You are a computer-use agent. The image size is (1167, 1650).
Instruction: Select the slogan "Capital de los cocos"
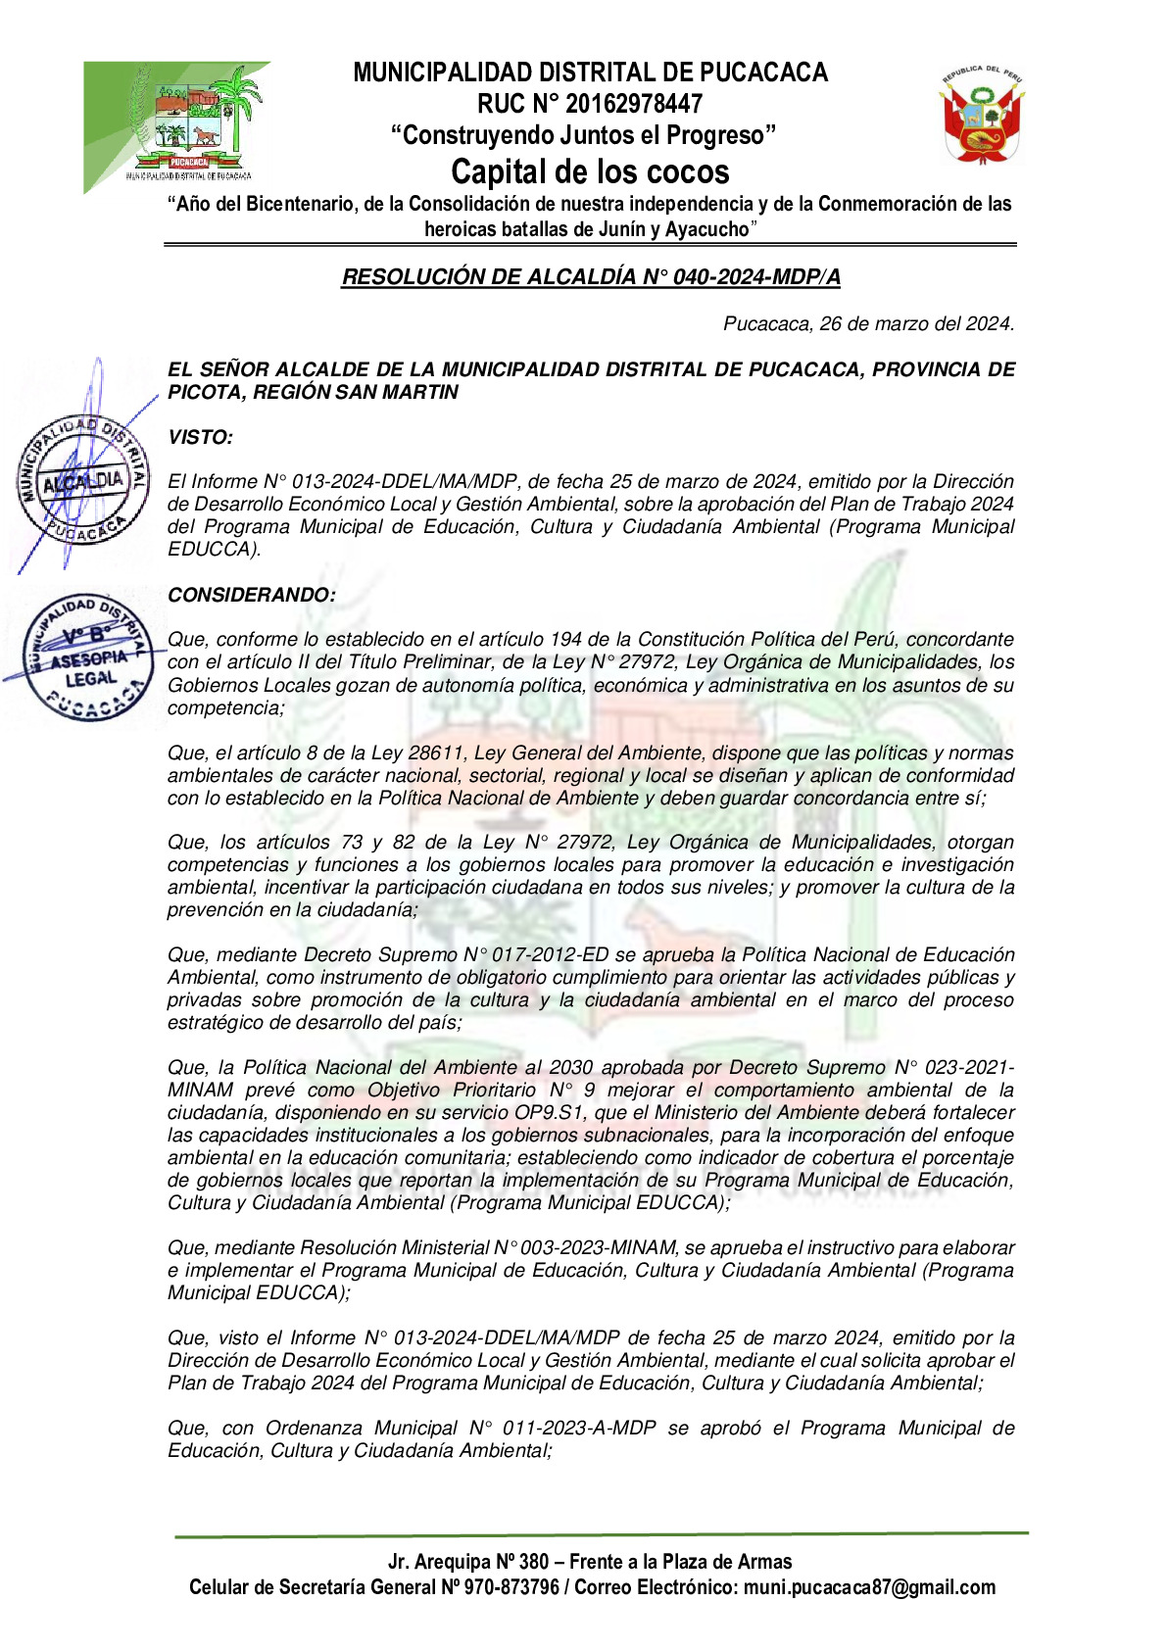point(590,172)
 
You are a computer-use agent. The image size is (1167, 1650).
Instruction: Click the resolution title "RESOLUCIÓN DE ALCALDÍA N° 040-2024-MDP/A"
point(591,277)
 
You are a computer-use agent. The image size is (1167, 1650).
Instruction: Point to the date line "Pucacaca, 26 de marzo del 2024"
point(868,324)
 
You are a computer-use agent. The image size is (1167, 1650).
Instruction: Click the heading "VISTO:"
point(200,438)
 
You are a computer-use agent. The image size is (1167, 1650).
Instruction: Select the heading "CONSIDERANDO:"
point(252,596)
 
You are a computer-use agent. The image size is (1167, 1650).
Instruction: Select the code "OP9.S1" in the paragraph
point(552,1113)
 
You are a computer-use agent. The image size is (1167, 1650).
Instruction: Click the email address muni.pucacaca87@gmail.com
point(869,1588)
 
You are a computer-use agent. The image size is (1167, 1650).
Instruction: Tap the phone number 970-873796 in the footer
point(511,1588)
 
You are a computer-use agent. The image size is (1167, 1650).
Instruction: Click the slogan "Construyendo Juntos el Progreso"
point(584,136)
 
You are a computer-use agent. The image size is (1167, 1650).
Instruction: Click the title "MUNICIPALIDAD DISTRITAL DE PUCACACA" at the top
point(590,73)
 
